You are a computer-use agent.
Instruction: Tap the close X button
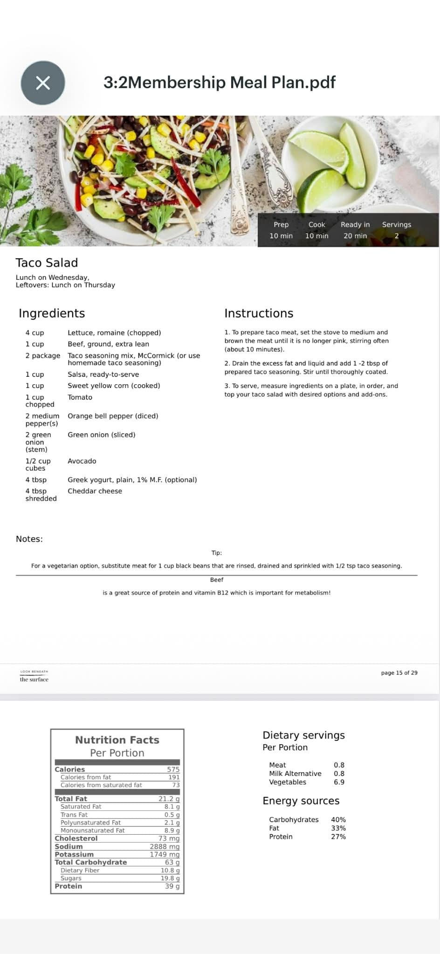(43, 83)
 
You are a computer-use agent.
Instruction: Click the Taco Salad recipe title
(47, 263)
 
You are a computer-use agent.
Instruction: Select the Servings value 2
(397, 236)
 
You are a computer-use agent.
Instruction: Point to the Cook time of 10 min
(316, 236)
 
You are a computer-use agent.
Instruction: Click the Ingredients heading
(52, 313)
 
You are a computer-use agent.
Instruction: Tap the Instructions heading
(259, 313)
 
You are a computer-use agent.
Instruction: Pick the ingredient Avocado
(82, 461)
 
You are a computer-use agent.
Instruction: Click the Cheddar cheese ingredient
(95, 491)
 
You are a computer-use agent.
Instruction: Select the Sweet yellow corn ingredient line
(114, 386)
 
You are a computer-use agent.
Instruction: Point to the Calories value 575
(173, 769)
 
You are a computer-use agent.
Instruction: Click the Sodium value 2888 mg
(165, 846)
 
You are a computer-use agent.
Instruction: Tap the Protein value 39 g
(172, 886)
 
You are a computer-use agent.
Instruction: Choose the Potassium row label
(74, 854)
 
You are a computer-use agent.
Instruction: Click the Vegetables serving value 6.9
(339, 782)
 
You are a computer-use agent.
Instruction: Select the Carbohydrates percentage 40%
(338, 819)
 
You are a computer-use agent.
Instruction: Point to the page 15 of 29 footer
(399, 672)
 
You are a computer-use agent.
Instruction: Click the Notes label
(29, 539)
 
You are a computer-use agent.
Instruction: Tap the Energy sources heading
(301, 801)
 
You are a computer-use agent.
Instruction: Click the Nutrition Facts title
(117, 740)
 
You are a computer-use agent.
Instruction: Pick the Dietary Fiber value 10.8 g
(170, 870)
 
